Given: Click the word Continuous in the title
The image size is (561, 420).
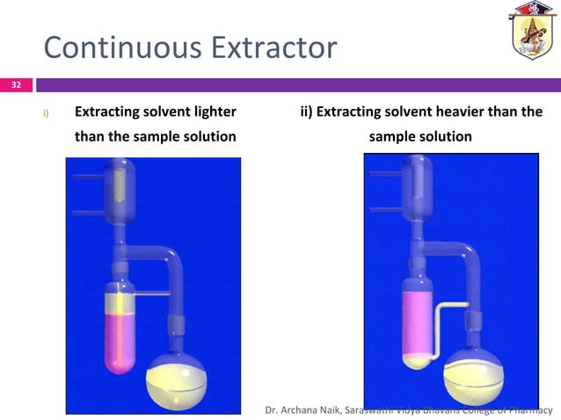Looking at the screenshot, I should pyautogui.click(x=104, y=47).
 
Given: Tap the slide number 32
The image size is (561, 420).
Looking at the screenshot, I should pyautogui.click(x=15, y=85).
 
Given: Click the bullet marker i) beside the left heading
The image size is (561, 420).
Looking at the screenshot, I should pyautogui.click(x=47, y=113).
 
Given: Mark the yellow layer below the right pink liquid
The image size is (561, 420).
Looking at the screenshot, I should pyautogui.click(x=419, y=358).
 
